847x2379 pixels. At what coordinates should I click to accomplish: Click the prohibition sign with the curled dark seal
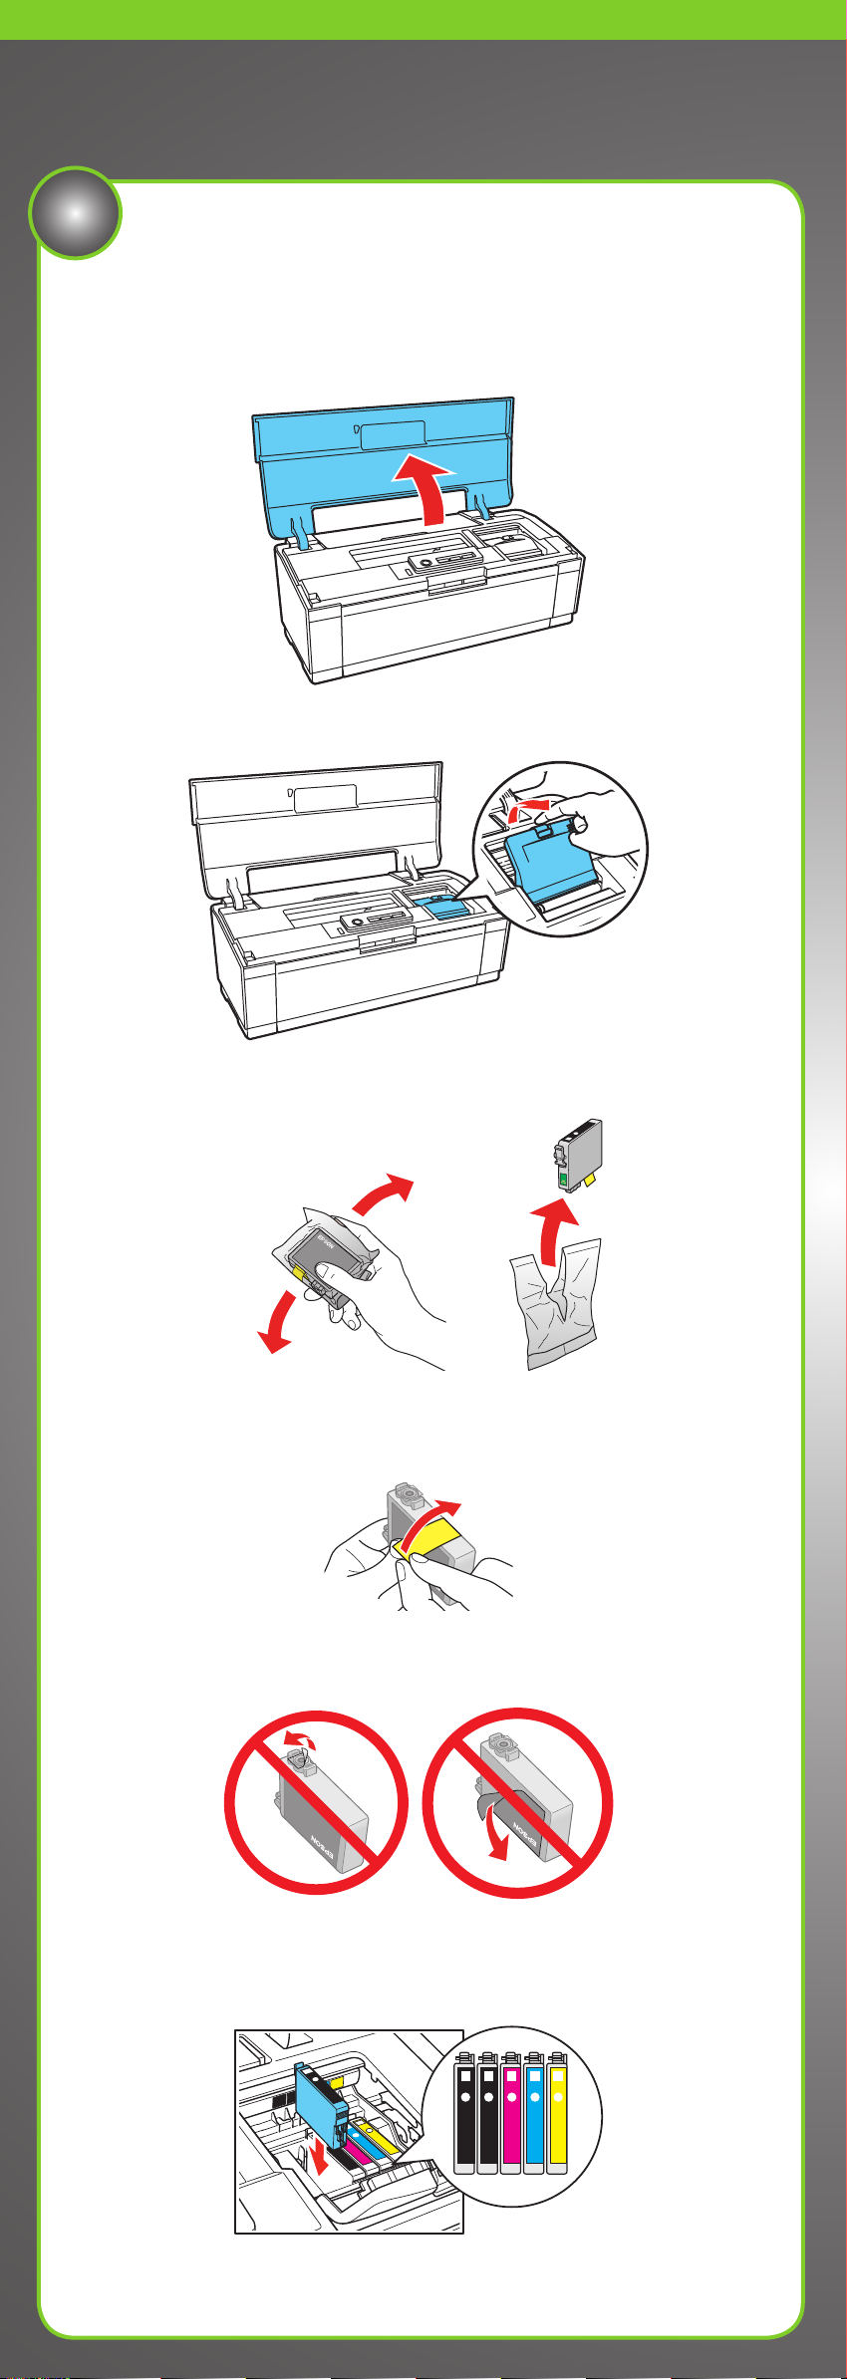tap(517, 1802)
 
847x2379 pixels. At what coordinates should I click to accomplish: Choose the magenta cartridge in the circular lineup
tap(511, 2111)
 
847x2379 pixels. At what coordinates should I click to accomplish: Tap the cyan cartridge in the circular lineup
tap(534, 2111)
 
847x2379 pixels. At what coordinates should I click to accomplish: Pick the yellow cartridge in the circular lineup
tap(557, 2111)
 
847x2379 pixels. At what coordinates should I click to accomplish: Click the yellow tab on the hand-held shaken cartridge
tap(297, 1272)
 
